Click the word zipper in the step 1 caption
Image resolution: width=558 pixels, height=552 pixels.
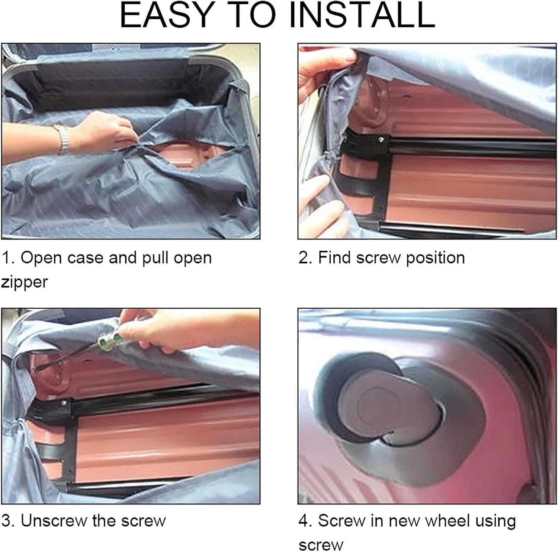click(x=25, y=282)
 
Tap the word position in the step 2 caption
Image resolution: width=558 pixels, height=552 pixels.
click(x=435, y=258)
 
